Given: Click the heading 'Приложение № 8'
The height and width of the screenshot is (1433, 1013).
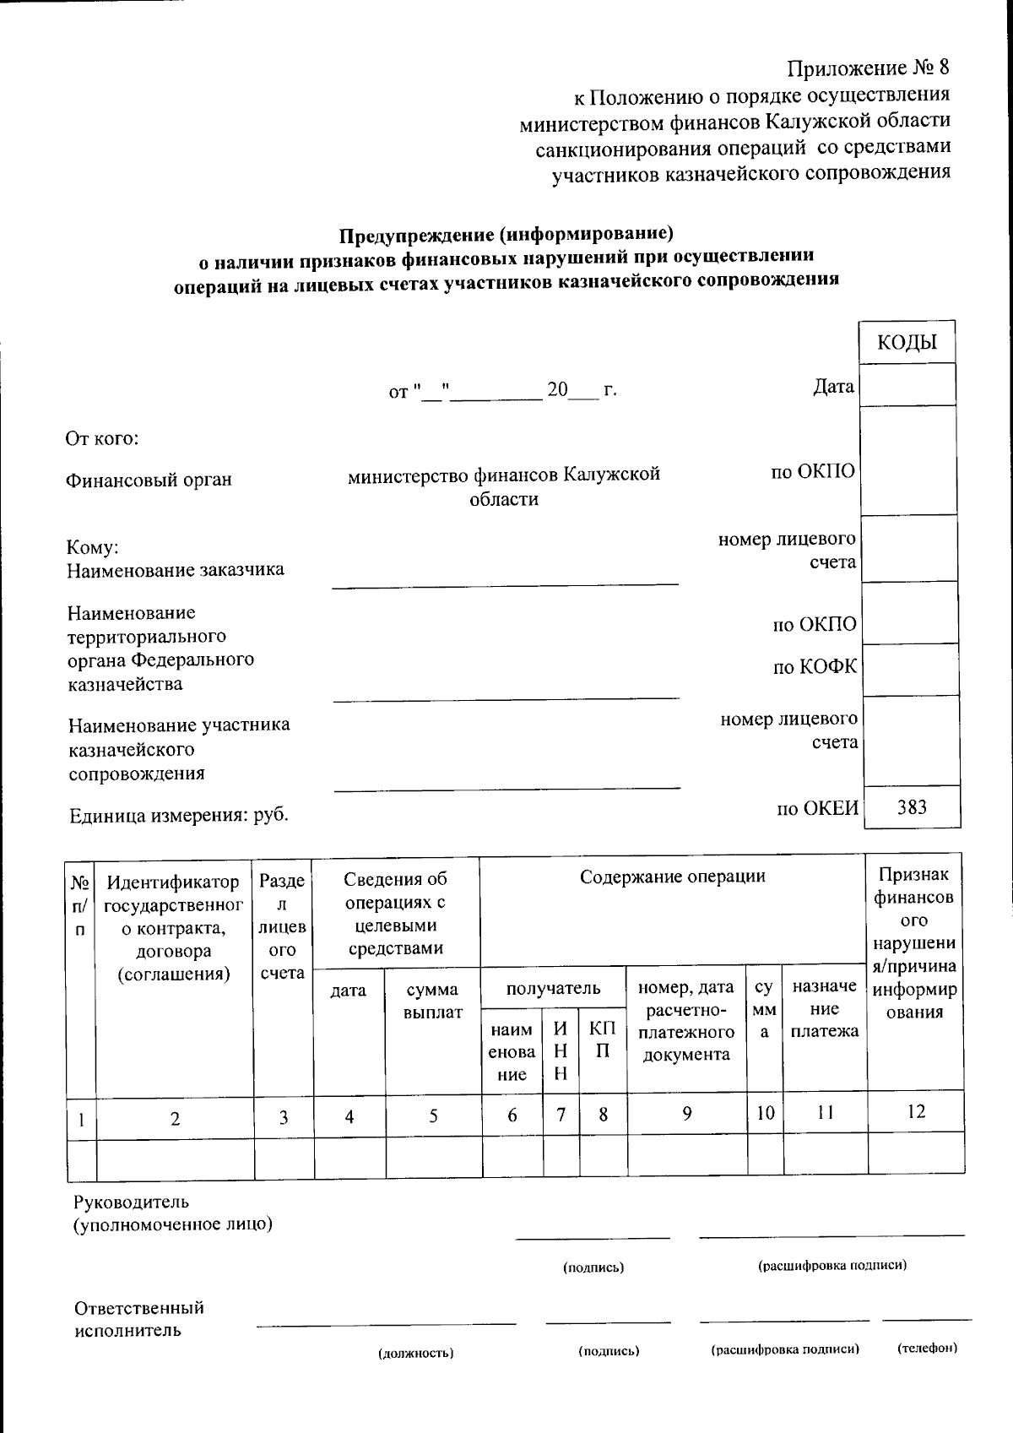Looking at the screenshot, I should pyautogui.click(x=868, y=68).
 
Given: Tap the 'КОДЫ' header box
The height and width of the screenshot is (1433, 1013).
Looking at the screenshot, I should pyautogui.click(x=907, y=342).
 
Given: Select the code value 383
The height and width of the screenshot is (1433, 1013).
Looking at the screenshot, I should pyautogui.click(x=912, y=807).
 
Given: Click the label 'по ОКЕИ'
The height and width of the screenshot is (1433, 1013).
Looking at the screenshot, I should pyautogui.click(x=817, y=809).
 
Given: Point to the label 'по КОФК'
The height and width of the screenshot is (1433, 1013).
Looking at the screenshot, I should pyautogui.click(x=815, y=667).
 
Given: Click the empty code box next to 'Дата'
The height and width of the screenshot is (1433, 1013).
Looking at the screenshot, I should pyautogui.click(x=907, y=386).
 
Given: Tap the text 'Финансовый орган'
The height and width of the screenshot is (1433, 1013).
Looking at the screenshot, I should pyautogui.click(x=149, y=480).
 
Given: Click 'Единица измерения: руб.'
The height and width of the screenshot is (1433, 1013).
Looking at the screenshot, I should pyautogui.click(x=178, y=815).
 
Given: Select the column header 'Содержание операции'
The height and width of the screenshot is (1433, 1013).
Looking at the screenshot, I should pyautogui.click(x=672, y=877).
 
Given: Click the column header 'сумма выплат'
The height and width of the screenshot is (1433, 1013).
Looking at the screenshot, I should pyautogui.click(x=432, y=1001).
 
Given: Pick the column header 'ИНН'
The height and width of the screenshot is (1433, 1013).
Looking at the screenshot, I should pyautogui.click(x=561, y=1050).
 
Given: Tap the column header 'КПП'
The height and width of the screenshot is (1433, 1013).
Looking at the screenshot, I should pyautogui.click(x=603, y=1039).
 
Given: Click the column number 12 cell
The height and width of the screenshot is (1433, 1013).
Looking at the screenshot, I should pyautogui.click(x=916, y=1111).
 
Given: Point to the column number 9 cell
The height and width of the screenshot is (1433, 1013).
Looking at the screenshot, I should pyautogui.click(x=687, y=1114).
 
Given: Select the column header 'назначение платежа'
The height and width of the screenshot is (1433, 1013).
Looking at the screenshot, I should pyautogui.click(x=824, y=1008).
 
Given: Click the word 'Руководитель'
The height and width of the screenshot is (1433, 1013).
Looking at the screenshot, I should pyautogui.click(x=131, y=1202).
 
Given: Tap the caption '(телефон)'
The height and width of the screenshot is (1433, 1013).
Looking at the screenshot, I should pyautogui.click(x=927, y=1347).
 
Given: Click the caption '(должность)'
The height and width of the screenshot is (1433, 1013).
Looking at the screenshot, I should pyautogui.click(x=415, y=1353).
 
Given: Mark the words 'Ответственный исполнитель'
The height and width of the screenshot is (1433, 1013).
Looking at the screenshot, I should pyautogui.click(x=139, y=1319).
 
